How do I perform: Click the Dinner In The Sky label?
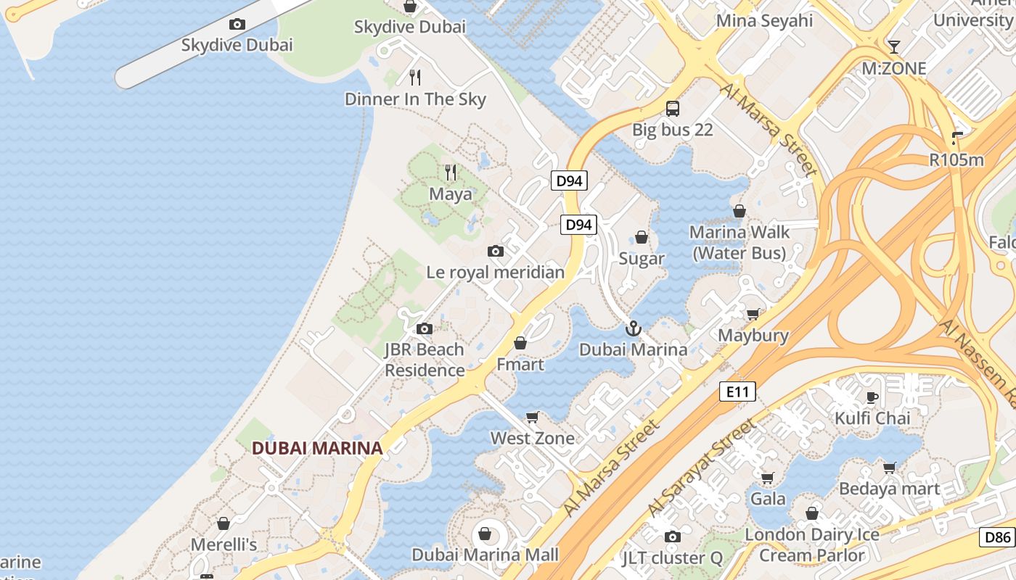pos(415,99)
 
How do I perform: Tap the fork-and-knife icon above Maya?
pos(451,173)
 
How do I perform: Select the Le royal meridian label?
pos(495,273)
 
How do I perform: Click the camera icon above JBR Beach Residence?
pos(425,329)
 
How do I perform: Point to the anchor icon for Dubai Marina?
pos(634,329)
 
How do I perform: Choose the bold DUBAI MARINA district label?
pos(317,448)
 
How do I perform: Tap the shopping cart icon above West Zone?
pos(533,418)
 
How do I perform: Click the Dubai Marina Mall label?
pos(485,555)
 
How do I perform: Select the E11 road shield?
pos(737,392)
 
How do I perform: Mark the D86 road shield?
pos(997,537)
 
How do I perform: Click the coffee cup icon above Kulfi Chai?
pos(872,397)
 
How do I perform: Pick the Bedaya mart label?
pos(889,489)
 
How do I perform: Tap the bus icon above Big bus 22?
pos(673,109)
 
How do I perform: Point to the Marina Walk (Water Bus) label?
pos(739,243)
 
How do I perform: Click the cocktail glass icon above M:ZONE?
pos(894,47)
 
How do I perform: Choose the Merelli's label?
pos(224,544)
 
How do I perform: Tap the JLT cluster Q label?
pos(673,558)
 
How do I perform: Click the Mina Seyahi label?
pos(764,21)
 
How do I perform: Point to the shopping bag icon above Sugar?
pos(642,237)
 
